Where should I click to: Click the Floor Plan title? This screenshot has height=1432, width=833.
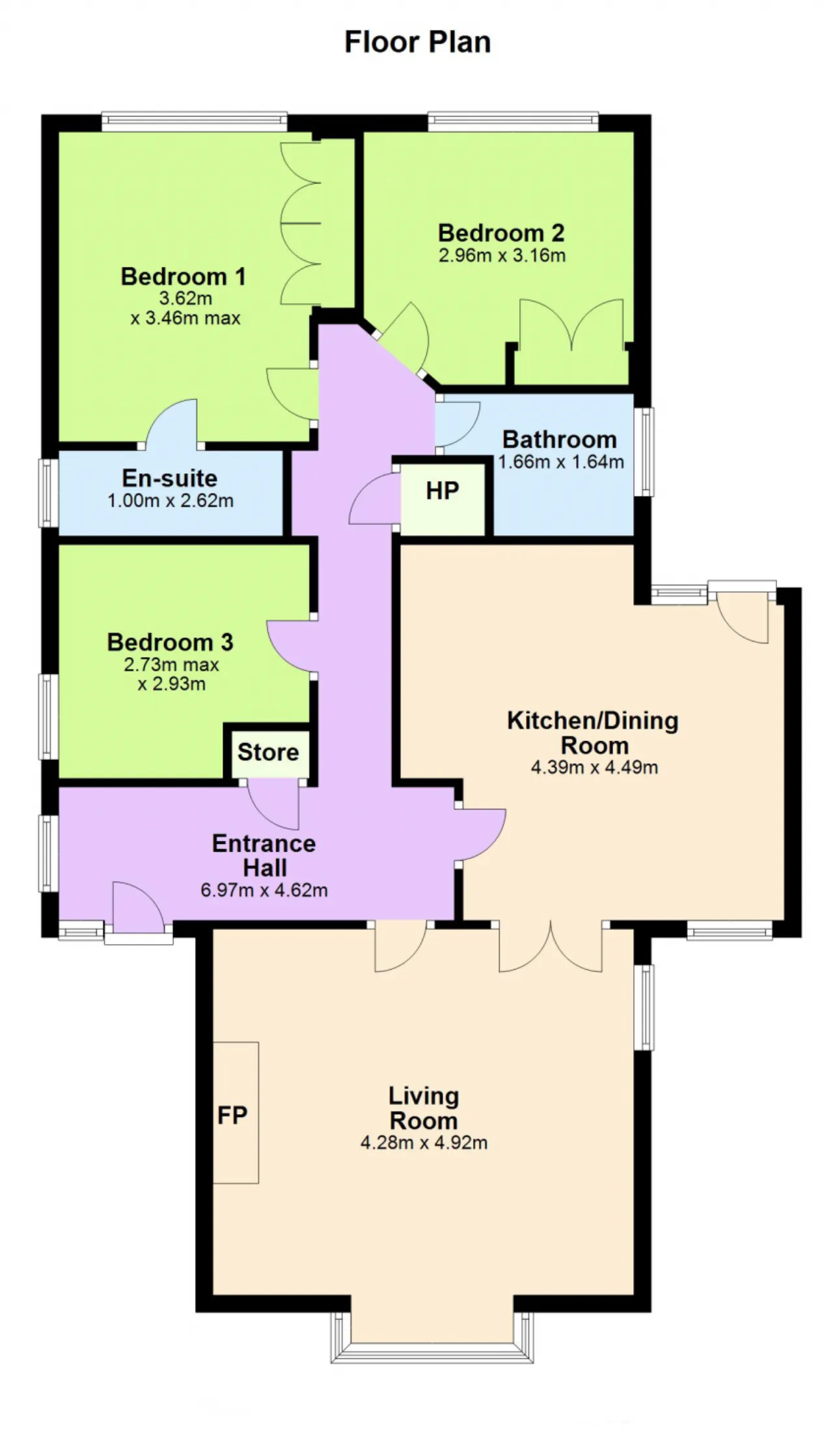[x=417, y=42]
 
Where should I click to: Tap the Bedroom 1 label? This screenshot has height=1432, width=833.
[x=184, y=276]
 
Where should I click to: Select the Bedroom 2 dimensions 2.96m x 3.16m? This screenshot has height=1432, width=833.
[x=502, y=255]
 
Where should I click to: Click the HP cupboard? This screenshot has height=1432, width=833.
[x=443, y=498]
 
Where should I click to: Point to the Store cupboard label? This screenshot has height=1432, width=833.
[x=268, y=752]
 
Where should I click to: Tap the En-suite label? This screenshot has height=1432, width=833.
[x=170, y=478]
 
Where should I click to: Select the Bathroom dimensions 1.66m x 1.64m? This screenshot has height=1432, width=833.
[x=561, y=462]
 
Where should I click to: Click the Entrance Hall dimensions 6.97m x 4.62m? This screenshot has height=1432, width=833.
[x=264, y=890]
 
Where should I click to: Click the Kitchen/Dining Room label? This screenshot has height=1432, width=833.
[x=593, y=733]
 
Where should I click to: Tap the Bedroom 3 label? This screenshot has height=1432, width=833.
[x=170, y=642]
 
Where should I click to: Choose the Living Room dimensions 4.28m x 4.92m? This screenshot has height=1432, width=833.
[x=424, y=1143]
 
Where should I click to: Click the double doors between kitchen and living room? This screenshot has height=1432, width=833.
[x=551, y=947]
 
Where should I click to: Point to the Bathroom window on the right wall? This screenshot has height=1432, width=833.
[x=644, y=452]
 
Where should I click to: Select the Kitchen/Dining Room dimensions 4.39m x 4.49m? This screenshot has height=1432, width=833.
[x=594, y=767]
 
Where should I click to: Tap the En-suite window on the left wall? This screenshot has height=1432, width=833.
[x=48, y=492]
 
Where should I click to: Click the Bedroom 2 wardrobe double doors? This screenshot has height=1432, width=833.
[x=571, y=326]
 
